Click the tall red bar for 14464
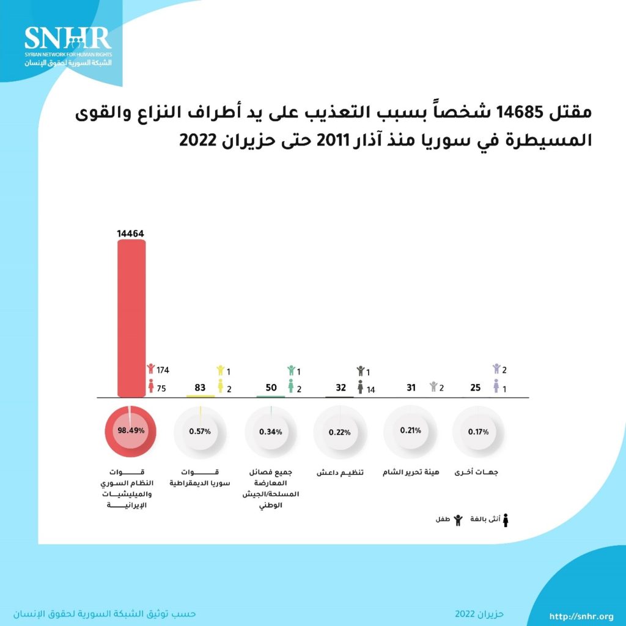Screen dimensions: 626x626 131,318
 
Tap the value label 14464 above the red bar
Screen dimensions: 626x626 131,233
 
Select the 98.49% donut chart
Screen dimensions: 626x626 131,430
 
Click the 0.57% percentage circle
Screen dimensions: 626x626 200,431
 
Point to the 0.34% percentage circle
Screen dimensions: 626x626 270,432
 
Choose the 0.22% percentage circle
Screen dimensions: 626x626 339,432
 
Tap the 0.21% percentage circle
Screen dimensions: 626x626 410,430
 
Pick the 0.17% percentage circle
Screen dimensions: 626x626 479,432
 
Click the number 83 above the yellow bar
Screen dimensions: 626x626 200,388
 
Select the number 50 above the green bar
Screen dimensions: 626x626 270,388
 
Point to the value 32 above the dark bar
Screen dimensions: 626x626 340,388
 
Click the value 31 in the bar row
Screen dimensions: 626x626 411,388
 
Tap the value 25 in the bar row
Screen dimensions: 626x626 475,388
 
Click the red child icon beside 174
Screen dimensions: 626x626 151,369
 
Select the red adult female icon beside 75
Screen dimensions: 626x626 151,386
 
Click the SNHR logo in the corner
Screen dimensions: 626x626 68,46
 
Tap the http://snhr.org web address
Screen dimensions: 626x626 581,616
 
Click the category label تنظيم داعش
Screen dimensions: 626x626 340,473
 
